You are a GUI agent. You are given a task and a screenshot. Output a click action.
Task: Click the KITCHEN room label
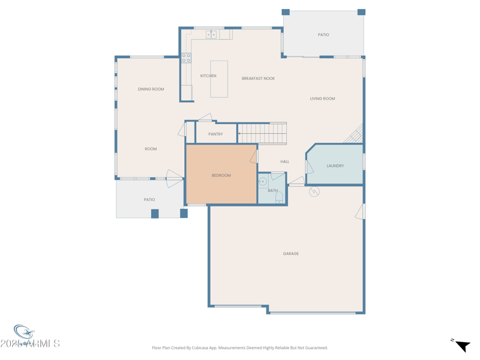point(208,76)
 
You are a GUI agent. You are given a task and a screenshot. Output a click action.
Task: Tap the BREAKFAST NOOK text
point(258,79)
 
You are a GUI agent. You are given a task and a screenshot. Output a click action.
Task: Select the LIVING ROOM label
point(322,98)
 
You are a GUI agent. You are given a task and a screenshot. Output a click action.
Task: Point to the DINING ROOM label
point(151,89)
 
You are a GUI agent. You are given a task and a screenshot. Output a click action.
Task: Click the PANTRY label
point(215,134)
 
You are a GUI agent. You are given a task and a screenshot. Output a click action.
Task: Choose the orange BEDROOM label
point(221,176)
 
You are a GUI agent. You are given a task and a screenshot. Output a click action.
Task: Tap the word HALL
point(284,161)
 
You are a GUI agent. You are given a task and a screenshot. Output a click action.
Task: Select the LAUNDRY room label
point(335,166)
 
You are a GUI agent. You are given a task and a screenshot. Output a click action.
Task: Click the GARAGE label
point(291,254)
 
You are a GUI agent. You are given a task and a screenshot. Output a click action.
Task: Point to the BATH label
point(273,191)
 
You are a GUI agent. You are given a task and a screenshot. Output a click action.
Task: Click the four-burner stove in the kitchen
point(187,58)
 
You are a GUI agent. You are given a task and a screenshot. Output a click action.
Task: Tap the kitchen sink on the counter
point(211,35)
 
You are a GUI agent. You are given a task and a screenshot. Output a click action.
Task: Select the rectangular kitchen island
point(219,79)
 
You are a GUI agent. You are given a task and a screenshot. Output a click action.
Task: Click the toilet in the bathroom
point(279,197)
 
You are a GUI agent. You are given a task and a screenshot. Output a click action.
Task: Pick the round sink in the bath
point(262,181)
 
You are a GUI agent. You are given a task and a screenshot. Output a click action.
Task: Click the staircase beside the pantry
point(262,133)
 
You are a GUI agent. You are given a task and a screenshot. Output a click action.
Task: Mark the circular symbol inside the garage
point(314,191)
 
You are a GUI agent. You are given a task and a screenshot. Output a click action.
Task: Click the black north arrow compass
point(462,346)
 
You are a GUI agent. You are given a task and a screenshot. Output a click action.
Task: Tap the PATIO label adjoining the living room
point(323,35)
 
